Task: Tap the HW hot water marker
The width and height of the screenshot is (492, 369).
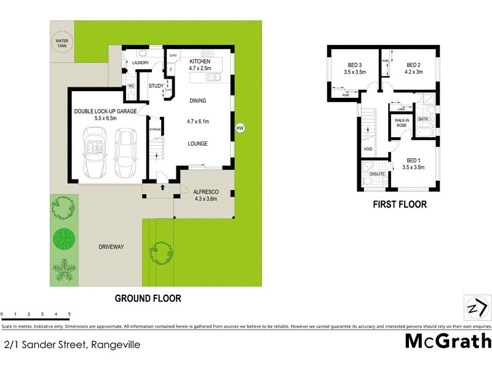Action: [240, 128]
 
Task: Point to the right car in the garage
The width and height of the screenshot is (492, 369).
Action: [127, 151]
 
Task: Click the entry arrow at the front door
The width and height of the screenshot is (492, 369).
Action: [162, 187]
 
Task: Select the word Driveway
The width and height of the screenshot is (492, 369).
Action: [111, 247]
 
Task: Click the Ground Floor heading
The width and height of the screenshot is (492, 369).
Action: [148, 298]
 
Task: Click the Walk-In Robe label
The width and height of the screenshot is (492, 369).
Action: [401, 122]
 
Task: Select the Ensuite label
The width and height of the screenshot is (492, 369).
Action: [377, 174]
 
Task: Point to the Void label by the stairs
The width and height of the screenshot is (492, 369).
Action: [368, 149]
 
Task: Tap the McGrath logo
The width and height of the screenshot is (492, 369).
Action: [447, 341]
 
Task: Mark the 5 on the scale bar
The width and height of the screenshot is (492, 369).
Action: [69, 314]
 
